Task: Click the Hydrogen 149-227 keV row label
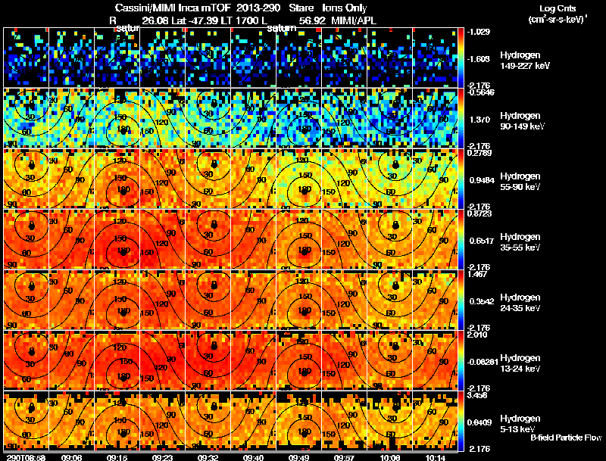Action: (x=519, y=61)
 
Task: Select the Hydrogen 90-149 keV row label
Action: (x=519, y=121)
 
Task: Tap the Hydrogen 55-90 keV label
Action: (x=519, y=182)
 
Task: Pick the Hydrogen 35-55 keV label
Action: (x=519, y=242)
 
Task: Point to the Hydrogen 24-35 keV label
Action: (x=519, y=303)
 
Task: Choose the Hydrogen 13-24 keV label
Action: (x=519, y=363)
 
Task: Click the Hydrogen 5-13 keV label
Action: (x=519, y=422)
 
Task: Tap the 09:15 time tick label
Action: (x=117, y=457)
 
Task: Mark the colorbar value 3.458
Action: (x=479, y=395)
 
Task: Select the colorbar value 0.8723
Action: (x=479, y=213)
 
